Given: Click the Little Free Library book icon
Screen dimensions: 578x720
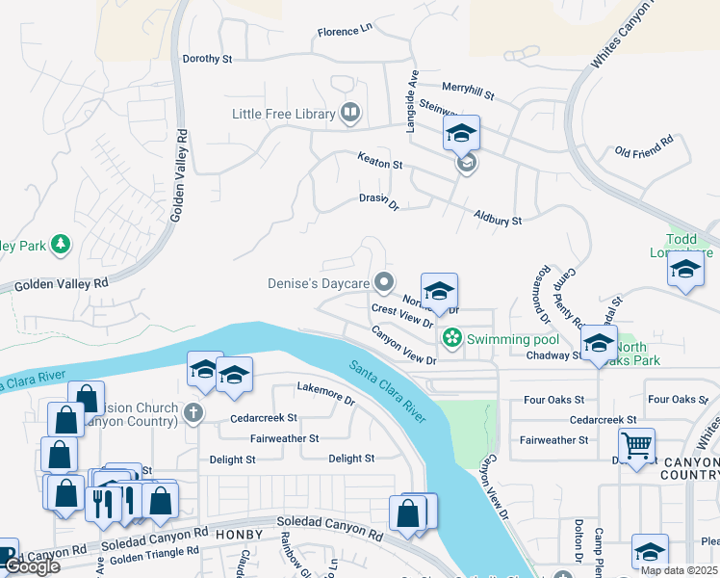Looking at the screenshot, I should [x=351, y=114].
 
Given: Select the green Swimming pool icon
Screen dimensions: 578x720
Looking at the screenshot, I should [x=450, y=338].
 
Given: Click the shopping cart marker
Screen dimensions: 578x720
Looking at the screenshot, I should [x=636, y=445].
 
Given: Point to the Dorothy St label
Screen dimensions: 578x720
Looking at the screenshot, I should [x=208, y=59].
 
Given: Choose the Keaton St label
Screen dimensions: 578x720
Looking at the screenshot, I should [x=379, y=163].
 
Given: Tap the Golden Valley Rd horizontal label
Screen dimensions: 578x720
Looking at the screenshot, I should [x=62, y=283].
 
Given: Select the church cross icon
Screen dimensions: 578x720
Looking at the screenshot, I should [x=193, y=415].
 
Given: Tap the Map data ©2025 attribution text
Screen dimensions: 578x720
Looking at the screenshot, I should [x=678, y=570].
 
